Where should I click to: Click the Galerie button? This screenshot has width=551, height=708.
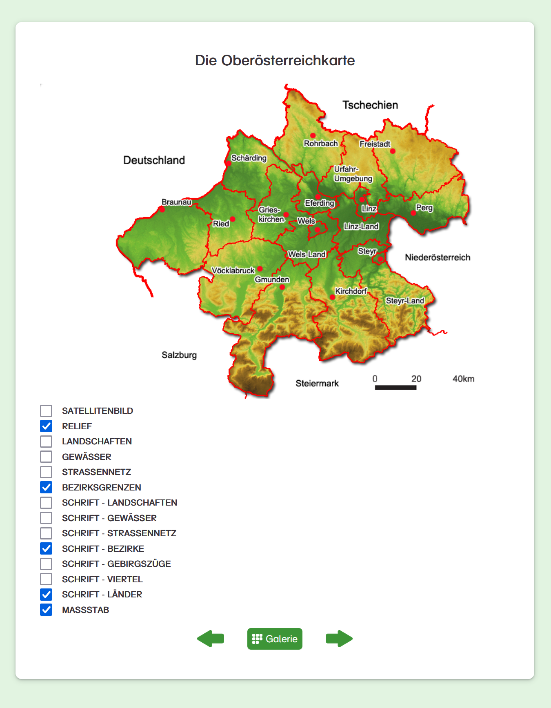(275, 639)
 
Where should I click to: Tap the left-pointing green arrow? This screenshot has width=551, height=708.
(211, 639)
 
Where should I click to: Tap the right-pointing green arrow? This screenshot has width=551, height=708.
(339, 639)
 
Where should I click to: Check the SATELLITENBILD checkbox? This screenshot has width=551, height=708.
(46, 411)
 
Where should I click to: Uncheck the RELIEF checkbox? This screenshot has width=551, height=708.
(46, 426)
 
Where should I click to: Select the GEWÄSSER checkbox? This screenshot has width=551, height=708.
(46, 457)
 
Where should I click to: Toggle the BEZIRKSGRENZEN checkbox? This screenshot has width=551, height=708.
(46, 487)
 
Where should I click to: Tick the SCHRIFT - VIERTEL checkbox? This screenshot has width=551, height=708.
(46, 579)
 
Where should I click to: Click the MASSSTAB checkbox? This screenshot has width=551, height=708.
(46, 610)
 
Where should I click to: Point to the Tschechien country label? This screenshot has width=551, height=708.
(370, 105)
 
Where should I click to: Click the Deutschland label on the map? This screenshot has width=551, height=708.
(154, 160)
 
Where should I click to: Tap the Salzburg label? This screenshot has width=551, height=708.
(179, 355)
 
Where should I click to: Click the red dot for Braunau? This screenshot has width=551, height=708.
(162, 209)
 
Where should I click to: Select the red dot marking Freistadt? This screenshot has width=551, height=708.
(393, 151)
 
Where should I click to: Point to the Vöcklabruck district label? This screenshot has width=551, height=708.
(233, 271)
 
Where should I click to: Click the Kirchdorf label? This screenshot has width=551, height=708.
(351, 291)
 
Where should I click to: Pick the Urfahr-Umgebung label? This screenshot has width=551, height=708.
(353, 174)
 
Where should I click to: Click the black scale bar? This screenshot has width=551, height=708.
(395, 387)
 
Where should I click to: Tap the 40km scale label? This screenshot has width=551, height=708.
(463, 379)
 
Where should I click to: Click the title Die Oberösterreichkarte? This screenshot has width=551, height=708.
(275, 60)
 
